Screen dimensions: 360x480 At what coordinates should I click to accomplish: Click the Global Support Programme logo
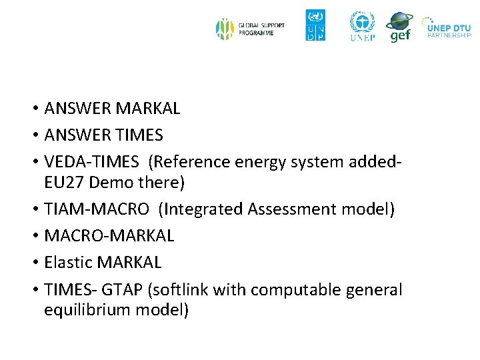click(x=250, y=29)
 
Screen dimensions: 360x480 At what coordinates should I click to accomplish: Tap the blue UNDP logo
click(x=315, y=25)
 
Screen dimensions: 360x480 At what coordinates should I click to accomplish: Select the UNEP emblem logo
click(x=363, y=26)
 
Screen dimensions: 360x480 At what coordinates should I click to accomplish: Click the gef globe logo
click(x=399, y=27)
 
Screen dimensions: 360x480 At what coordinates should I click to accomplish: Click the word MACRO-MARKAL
click(x=109, y=236)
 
